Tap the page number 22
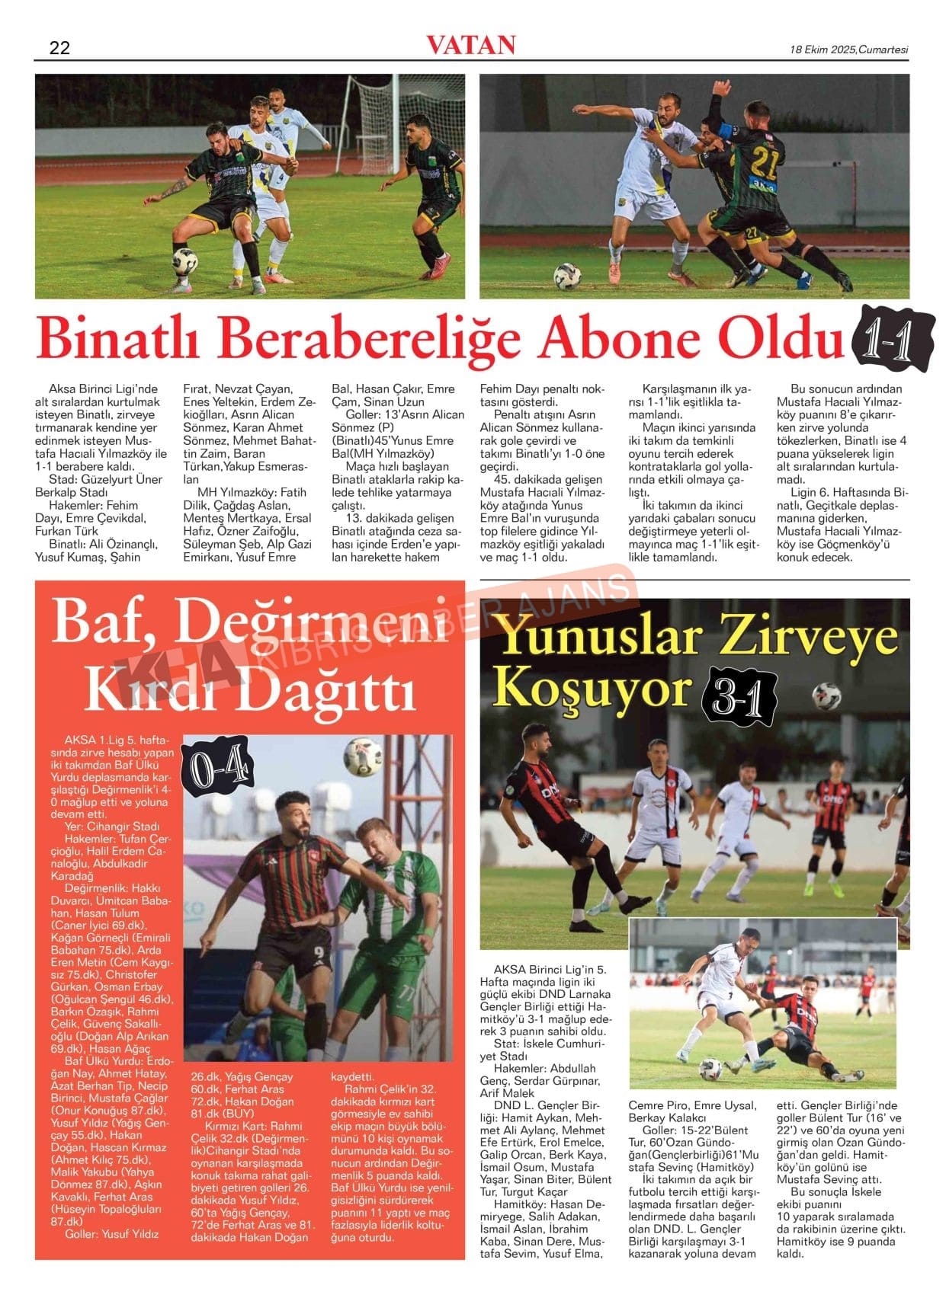[59, 48]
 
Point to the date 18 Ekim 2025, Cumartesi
[848, 50]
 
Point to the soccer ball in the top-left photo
[184, 261]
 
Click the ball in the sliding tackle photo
[710, 1069]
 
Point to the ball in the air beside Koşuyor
[826, 696]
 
